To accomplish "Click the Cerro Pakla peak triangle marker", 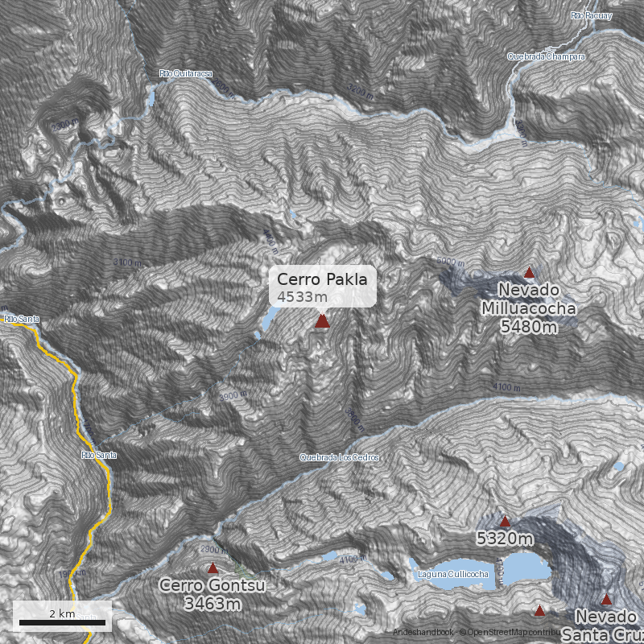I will coord(322,321).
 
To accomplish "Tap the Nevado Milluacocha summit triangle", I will coord(529,273).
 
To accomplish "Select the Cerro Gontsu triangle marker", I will coord(213,568).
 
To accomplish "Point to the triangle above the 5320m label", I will coord(506,521).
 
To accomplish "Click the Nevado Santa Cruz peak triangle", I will coord(606,599).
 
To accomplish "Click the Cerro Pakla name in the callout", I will coord(322,279).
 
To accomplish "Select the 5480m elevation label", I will coord(528,326).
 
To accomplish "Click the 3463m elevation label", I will coord(213,603).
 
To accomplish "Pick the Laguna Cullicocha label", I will coord(453,574).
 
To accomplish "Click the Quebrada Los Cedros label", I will coord(339,457).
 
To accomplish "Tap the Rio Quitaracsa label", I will coord(186,74).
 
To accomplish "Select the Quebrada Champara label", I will coord(546,57).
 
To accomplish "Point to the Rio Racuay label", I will coord(591,15).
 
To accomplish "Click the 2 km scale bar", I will coord(62,621).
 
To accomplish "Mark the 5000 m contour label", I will coord(452,262).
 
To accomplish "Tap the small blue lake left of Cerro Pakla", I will coord(266,323).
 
